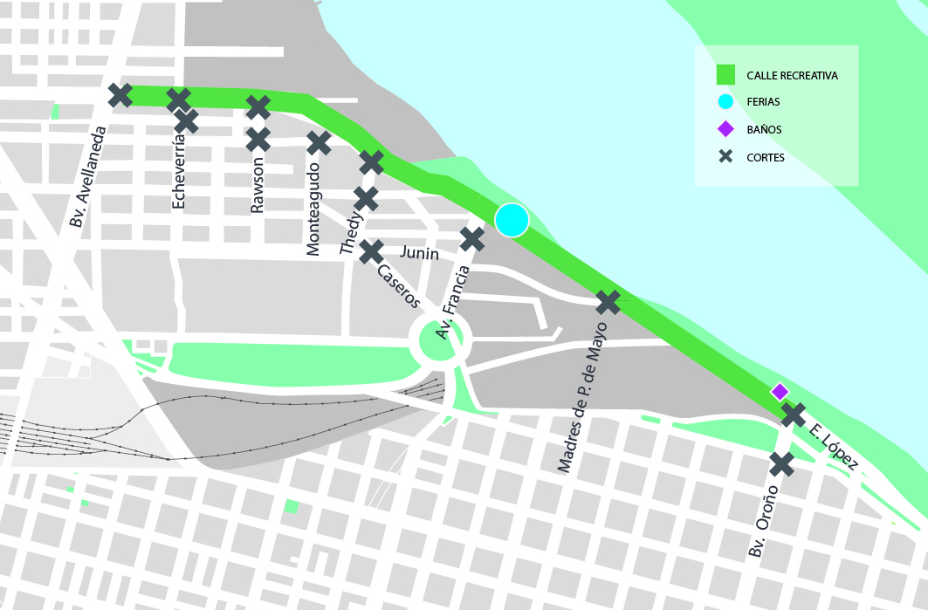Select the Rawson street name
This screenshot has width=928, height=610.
[x=257, y=185]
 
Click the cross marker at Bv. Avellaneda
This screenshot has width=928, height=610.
[x=120, y=95]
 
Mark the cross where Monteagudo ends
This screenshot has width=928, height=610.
[x=319, y=142]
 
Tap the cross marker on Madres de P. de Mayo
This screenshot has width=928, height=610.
[x=608, y=303]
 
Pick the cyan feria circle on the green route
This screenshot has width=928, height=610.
[x=512, y=220]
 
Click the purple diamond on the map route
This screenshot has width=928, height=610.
[x=780, y=391]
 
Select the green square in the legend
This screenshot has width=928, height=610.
[x=725, y=76]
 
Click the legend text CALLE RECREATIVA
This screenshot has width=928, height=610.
[x=792, y=76]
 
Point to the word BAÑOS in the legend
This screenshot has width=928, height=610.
[x=764, y=130]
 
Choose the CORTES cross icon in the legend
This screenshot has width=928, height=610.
[x=725, y=157]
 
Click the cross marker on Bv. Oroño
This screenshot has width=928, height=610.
[x=781, y=464]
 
